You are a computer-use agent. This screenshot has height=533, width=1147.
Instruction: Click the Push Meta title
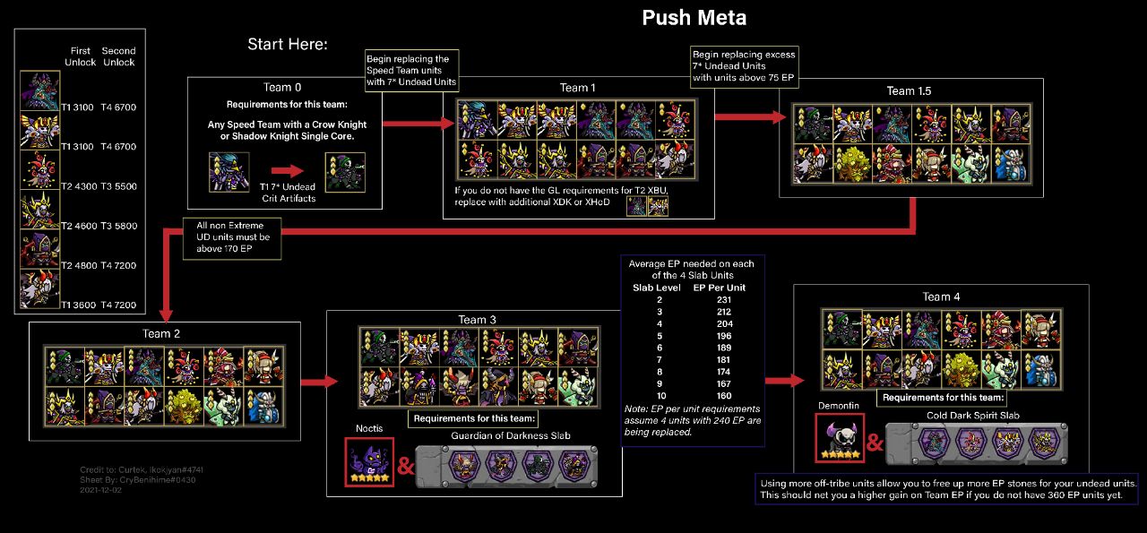point(694,18)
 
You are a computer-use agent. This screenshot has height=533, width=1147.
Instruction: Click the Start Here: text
point(288,44)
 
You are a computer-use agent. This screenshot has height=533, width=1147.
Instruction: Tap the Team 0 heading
point(282,87)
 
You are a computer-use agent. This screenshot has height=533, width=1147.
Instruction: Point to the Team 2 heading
point(161,333)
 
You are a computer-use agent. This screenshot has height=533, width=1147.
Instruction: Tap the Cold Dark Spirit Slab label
point(973,415)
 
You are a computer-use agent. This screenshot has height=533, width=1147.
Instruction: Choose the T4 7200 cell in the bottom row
point(118,305)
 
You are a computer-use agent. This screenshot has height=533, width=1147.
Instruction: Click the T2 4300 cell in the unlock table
point(79,186)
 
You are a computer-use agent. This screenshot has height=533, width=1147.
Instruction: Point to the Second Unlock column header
point(118,56)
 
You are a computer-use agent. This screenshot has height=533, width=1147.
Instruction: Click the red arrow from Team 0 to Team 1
point(419,123)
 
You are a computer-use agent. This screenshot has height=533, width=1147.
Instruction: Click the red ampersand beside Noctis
point(406,466)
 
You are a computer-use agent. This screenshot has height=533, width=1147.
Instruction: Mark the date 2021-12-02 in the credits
point(100,490)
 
